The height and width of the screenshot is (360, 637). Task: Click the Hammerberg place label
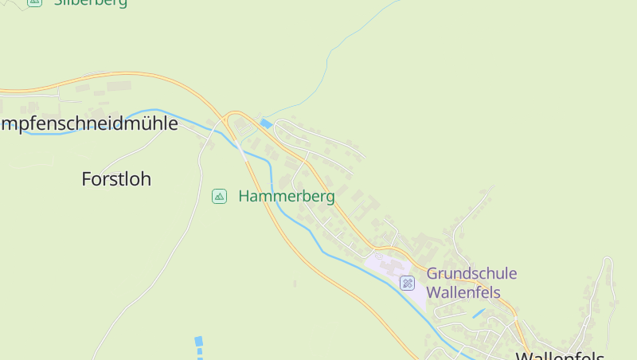(x=287, y=196)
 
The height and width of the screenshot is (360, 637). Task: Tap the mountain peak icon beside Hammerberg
(x=219, y=196)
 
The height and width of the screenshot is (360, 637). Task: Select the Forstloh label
(x=116, y=179)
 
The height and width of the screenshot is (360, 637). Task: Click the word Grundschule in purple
(x=471, y=274)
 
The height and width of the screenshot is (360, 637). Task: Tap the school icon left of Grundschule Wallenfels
(x=407, y=283)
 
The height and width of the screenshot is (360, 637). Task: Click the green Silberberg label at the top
(x=90, y=2)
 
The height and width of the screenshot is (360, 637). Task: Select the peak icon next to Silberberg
(x=34, y=2)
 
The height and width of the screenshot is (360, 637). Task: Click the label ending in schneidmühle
(x=88, y=123)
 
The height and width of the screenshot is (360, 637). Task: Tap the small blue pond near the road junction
(x=266, y=123)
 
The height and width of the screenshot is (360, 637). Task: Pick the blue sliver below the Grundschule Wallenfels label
(x=478, y=314)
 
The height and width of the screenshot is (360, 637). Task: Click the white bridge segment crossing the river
(x=240, y=148)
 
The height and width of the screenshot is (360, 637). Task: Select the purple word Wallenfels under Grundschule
(x=463, y=292)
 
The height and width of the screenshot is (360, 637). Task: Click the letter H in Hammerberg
(x=244, y=196)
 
